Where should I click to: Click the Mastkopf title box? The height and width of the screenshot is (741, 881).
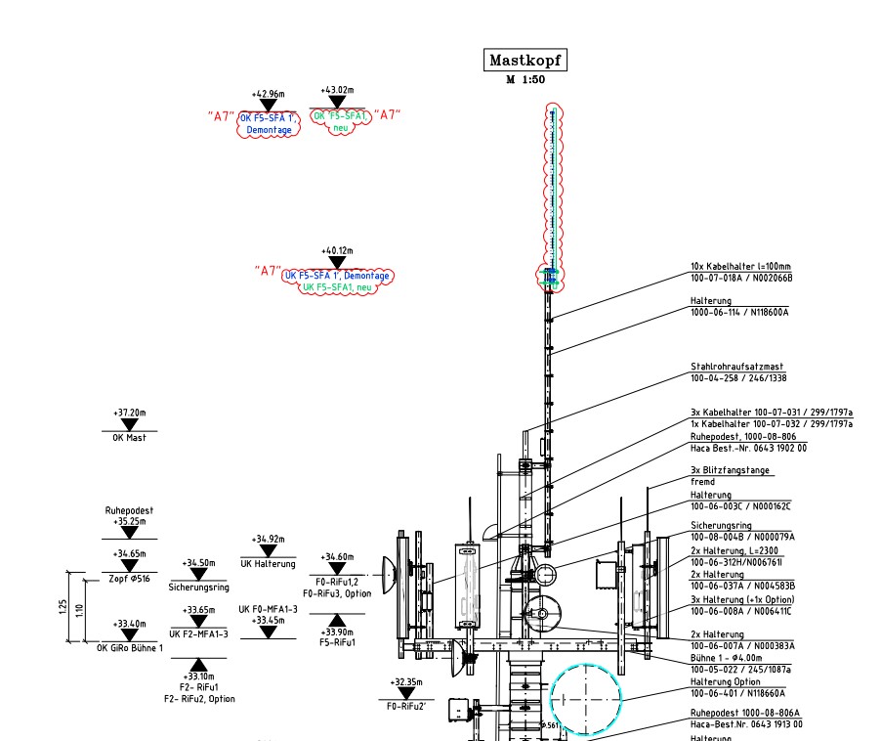(526, 61)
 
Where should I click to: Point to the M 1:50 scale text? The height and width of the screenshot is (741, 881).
(525, 80)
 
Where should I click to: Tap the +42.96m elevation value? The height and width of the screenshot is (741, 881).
(268, 95)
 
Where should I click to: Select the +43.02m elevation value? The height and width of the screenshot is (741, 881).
(337, 90)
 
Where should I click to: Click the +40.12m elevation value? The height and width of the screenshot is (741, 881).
(337, 250)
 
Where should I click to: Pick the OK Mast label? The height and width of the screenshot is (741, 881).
(129, 438)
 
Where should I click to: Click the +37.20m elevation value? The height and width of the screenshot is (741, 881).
(129, 413)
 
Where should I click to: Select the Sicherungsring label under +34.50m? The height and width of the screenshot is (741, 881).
(198, 588)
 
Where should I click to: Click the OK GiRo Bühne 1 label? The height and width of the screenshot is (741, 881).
(130, 648)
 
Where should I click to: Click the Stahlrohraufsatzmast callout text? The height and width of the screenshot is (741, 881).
(737, 367)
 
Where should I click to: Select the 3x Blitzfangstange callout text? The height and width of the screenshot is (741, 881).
(731, 470)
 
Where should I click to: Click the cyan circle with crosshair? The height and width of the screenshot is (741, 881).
(586, 697)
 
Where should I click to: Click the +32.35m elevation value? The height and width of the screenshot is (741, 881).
(406, 681)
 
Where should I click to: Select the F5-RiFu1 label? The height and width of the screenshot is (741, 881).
(337, 643)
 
